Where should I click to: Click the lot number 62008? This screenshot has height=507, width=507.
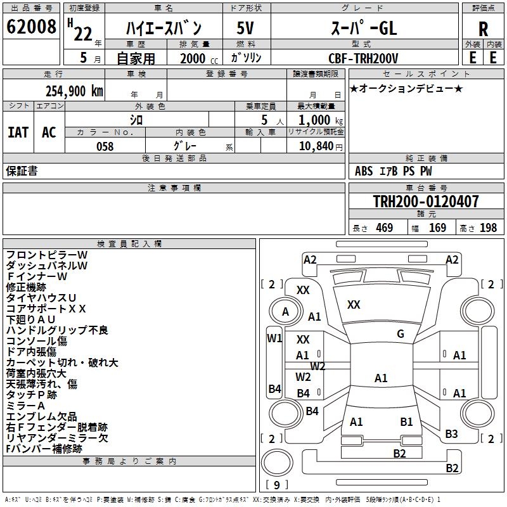click(31, 27)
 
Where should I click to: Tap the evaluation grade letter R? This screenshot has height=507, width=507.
click(483, 29)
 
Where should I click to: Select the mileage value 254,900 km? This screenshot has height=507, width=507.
click(74, 91)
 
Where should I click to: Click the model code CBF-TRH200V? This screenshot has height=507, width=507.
click(363, 58)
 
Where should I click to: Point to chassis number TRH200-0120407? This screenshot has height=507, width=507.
click(426, 201)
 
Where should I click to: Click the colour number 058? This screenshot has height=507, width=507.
click(105, 146)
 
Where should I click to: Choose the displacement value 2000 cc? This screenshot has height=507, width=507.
click(199, 58)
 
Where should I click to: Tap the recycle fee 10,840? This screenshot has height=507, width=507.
click(316, 146)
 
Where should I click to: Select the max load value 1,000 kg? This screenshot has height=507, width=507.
click(321, 120)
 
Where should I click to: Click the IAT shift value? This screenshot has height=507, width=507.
click(18, 132)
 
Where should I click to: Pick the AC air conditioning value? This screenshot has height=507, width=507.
click(49, 132)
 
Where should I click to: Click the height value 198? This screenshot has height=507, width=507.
click(488, 228)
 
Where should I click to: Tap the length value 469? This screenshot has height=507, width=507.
click(385, 228)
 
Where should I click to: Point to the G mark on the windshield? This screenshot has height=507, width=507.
click(401, 334)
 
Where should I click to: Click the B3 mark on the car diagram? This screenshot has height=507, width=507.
click(451, 433)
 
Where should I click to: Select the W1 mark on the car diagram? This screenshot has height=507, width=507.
click(274, 338)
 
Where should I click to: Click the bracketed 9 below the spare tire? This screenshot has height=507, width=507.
click(277, 485)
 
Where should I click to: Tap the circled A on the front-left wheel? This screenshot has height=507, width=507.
click(285, 312)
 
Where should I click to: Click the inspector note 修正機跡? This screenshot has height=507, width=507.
click(26, 287)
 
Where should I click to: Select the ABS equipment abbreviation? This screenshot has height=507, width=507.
click(364, 171)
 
